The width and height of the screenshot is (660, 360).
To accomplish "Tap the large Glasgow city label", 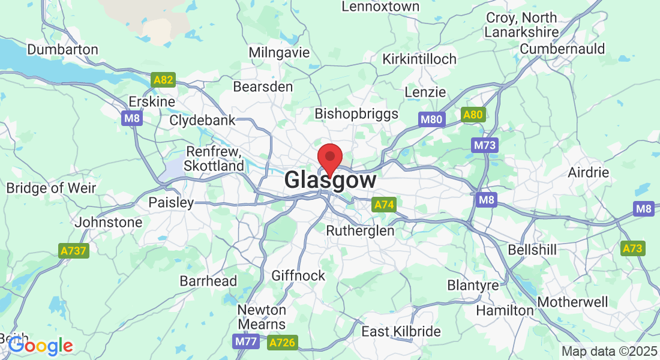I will click(x=331, y=180).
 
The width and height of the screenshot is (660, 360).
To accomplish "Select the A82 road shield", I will click(x=164, y=80).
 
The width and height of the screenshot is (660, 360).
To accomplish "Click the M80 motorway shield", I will click(x=431, y=119).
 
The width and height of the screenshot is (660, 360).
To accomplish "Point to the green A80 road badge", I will click(x=473, y=115).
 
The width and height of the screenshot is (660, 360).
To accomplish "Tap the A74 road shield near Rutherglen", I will click(x=384, y=205).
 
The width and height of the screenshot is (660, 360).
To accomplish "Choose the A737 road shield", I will click(x=74, y=251).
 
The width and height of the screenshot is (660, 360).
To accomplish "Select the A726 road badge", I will click(x=282, y=343).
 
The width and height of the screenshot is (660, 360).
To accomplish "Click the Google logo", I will click(x=40, y=346).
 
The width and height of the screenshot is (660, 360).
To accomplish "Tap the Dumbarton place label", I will click(x=62, y=49).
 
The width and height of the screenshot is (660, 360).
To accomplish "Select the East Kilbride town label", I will click(x=401, y=331).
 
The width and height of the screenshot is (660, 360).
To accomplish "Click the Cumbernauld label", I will click(x=562, y=49).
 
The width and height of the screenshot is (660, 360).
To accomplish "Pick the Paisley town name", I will click(x=171, y=202).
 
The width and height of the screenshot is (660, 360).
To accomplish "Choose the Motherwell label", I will click(x=573, y=302).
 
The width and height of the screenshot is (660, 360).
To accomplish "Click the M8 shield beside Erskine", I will click(x=132, y=119).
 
